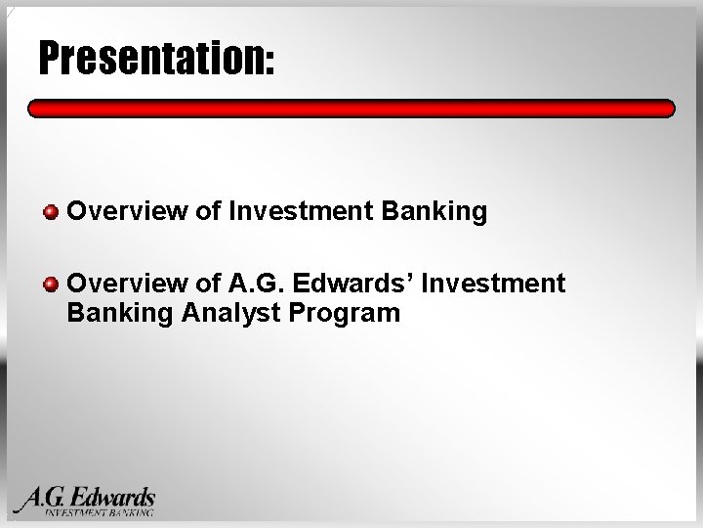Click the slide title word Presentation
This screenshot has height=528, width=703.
[153, 58]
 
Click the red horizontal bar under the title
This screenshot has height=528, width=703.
[351, 109]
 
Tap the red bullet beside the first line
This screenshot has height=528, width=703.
[51, 212]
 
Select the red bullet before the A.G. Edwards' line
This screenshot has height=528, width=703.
[51, 285]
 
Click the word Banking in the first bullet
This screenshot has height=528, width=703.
[434, 211]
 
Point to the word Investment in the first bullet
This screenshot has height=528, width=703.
[301, 210]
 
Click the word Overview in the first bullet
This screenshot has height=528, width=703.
[127, 210]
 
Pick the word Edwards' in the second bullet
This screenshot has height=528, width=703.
[352, 283]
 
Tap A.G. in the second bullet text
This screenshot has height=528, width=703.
[256, 283]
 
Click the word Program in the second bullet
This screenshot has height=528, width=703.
[345, 313]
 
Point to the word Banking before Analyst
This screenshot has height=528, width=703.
[120, 313]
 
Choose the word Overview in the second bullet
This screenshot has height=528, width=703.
[127, 283]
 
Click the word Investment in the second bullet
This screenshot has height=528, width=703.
[493, 283]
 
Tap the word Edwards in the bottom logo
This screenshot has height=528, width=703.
[112, 498]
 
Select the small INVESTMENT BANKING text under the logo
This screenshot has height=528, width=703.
[99, 512]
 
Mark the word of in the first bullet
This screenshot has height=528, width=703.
[209, 210]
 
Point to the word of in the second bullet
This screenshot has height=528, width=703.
[209, 283]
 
